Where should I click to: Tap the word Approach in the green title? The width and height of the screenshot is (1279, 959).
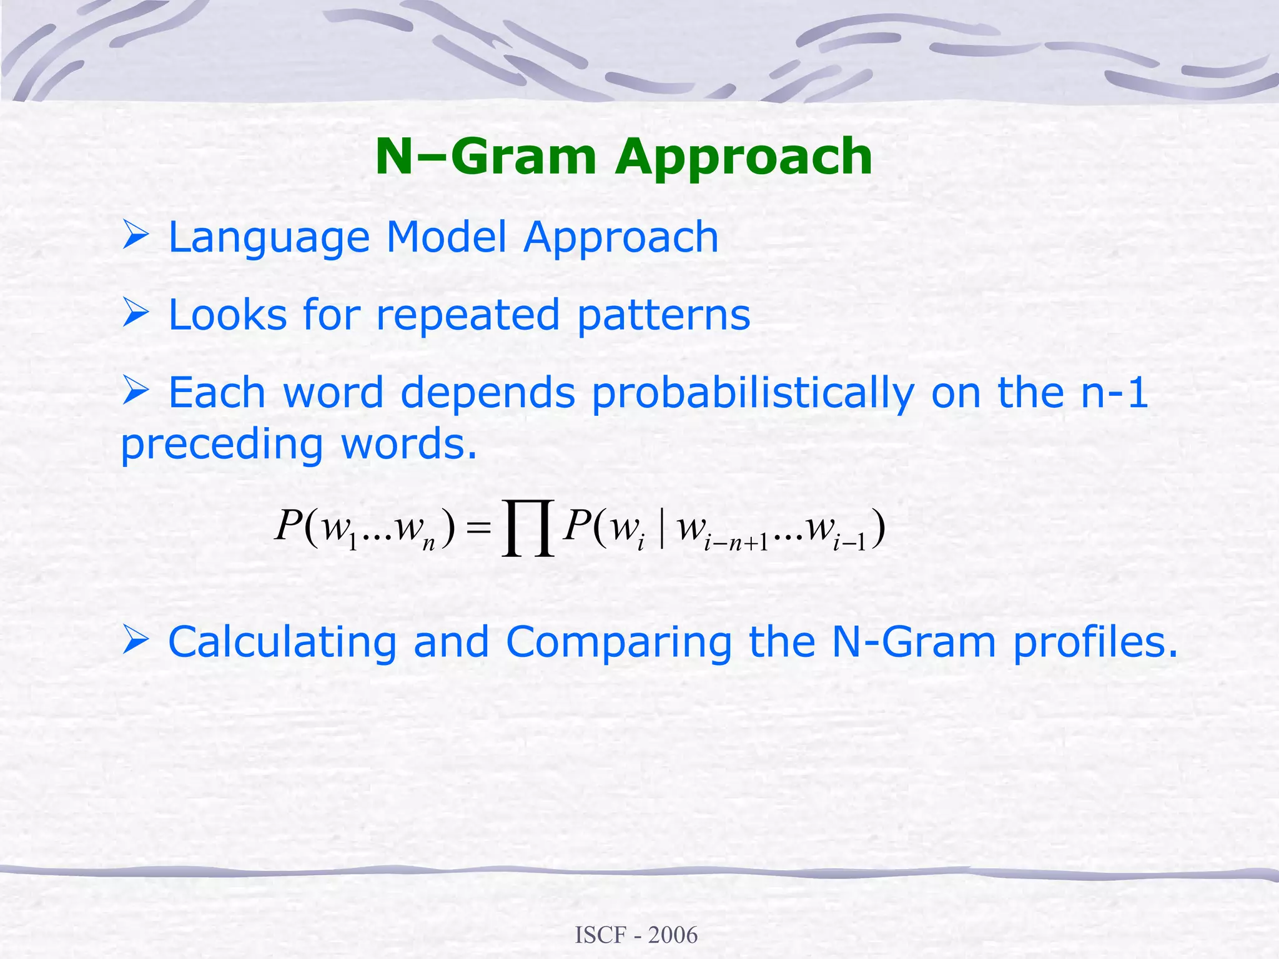tap(743, 157)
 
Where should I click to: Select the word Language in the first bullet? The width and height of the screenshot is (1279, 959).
tap(269, 239)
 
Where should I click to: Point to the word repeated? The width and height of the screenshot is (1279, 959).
tap(467, 315)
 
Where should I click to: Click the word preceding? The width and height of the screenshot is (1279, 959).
tap(222, 445)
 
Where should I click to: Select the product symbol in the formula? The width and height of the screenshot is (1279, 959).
tap(528, 528)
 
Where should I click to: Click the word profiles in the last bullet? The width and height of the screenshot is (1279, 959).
tap(1094, 643)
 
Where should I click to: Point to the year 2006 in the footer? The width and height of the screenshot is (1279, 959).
tap(673, 935)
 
